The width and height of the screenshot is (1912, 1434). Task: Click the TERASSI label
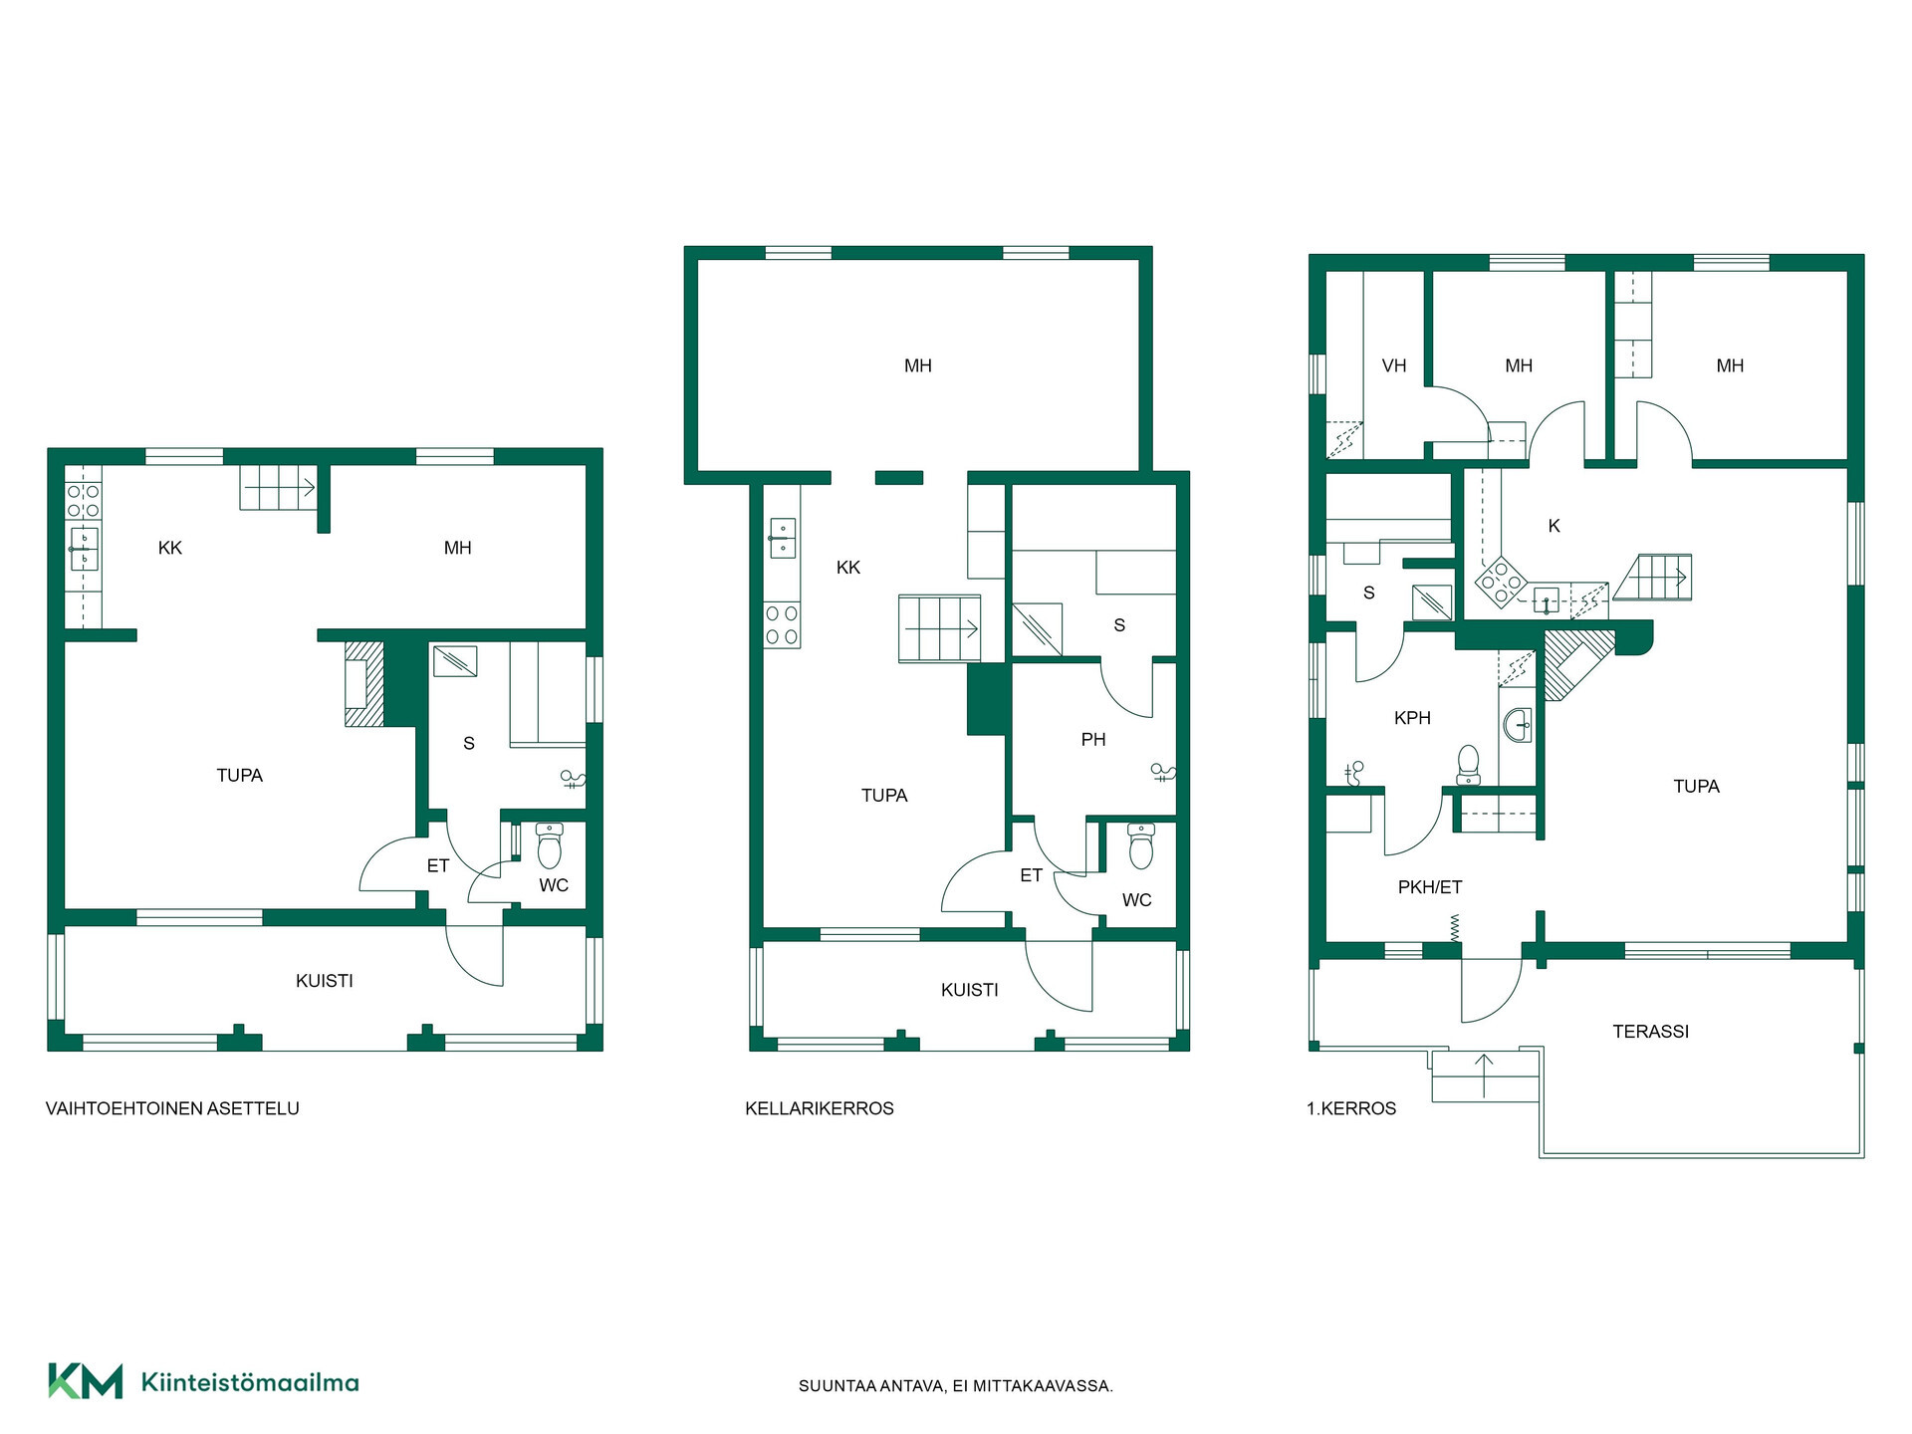(1650, 1032)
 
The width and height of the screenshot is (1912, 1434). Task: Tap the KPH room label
(1412, 718)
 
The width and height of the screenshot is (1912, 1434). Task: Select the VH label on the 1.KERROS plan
(1394, 365)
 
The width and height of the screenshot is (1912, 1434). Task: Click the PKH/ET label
(1430, 887)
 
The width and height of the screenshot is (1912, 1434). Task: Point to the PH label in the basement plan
(1093, 740)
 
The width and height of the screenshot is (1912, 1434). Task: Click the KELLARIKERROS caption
(820, 1108)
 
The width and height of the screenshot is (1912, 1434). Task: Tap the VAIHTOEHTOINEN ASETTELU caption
(172, 1108)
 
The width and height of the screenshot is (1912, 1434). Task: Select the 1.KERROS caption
(1351, 1108)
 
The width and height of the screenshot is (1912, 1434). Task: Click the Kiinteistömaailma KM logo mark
(86, 1381)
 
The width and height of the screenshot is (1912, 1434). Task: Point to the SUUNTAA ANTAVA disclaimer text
(956, 1386)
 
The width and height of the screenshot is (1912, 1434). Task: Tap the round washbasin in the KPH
(1518, 725)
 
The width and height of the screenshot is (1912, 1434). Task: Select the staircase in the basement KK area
(939, 628)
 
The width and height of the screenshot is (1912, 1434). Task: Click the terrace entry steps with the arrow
(1485, 1075)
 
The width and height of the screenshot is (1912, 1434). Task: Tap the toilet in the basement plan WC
(1141, 847)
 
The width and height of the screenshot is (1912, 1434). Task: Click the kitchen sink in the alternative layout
(84, 549)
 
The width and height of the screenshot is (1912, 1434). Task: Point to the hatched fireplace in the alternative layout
(363, 683)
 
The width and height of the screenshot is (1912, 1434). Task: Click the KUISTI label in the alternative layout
(325, 981)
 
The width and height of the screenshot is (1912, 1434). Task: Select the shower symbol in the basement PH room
(1162, 773)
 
